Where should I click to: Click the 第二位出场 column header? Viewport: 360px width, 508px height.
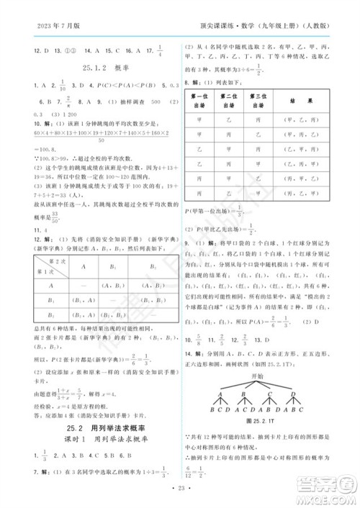click(229, 101)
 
